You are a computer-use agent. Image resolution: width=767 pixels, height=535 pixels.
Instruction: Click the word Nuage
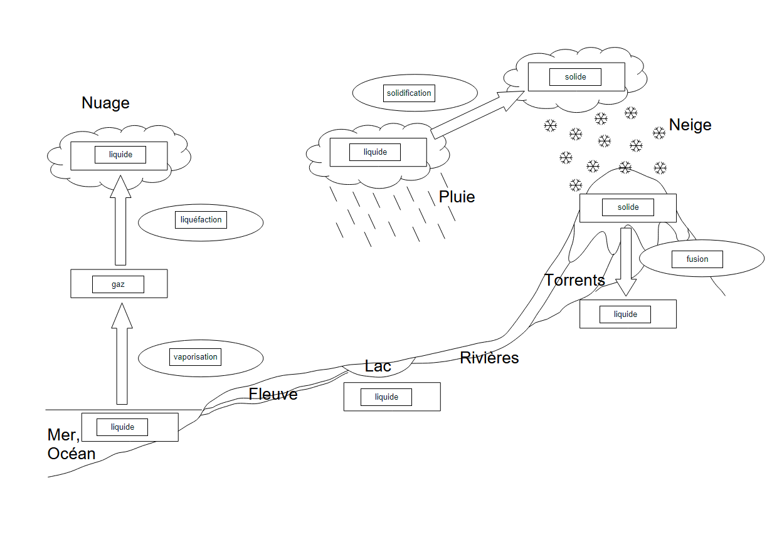105,103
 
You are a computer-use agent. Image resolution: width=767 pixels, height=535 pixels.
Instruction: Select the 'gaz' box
118,284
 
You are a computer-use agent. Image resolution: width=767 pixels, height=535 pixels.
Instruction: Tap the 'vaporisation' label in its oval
196,357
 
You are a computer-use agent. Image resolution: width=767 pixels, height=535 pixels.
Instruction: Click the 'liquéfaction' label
201,220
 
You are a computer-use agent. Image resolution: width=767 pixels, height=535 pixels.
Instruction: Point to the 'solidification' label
409,93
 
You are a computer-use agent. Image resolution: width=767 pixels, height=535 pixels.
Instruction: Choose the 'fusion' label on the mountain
697,259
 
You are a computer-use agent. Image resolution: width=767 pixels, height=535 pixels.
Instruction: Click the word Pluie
457,197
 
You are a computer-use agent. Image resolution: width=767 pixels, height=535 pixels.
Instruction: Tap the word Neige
690,125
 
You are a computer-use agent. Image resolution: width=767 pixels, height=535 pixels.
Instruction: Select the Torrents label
574,280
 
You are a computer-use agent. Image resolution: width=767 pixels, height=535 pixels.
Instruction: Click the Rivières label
489,358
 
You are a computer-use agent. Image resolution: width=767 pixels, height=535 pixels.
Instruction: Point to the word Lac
378,366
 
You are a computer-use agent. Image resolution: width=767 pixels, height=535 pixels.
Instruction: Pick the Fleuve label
273,395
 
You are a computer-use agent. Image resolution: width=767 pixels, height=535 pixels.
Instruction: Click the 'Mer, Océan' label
70,444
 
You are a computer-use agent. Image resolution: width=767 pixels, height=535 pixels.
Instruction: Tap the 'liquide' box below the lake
386,397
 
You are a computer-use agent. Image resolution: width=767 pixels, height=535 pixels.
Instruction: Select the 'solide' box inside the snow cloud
575,77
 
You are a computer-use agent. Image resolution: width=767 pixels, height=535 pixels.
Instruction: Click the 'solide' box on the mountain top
628,207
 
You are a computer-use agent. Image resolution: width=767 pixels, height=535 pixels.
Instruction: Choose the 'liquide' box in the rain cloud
375,152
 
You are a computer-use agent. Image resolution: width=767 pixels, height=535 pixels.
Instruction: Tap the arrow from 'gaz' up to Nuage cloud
121,221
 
